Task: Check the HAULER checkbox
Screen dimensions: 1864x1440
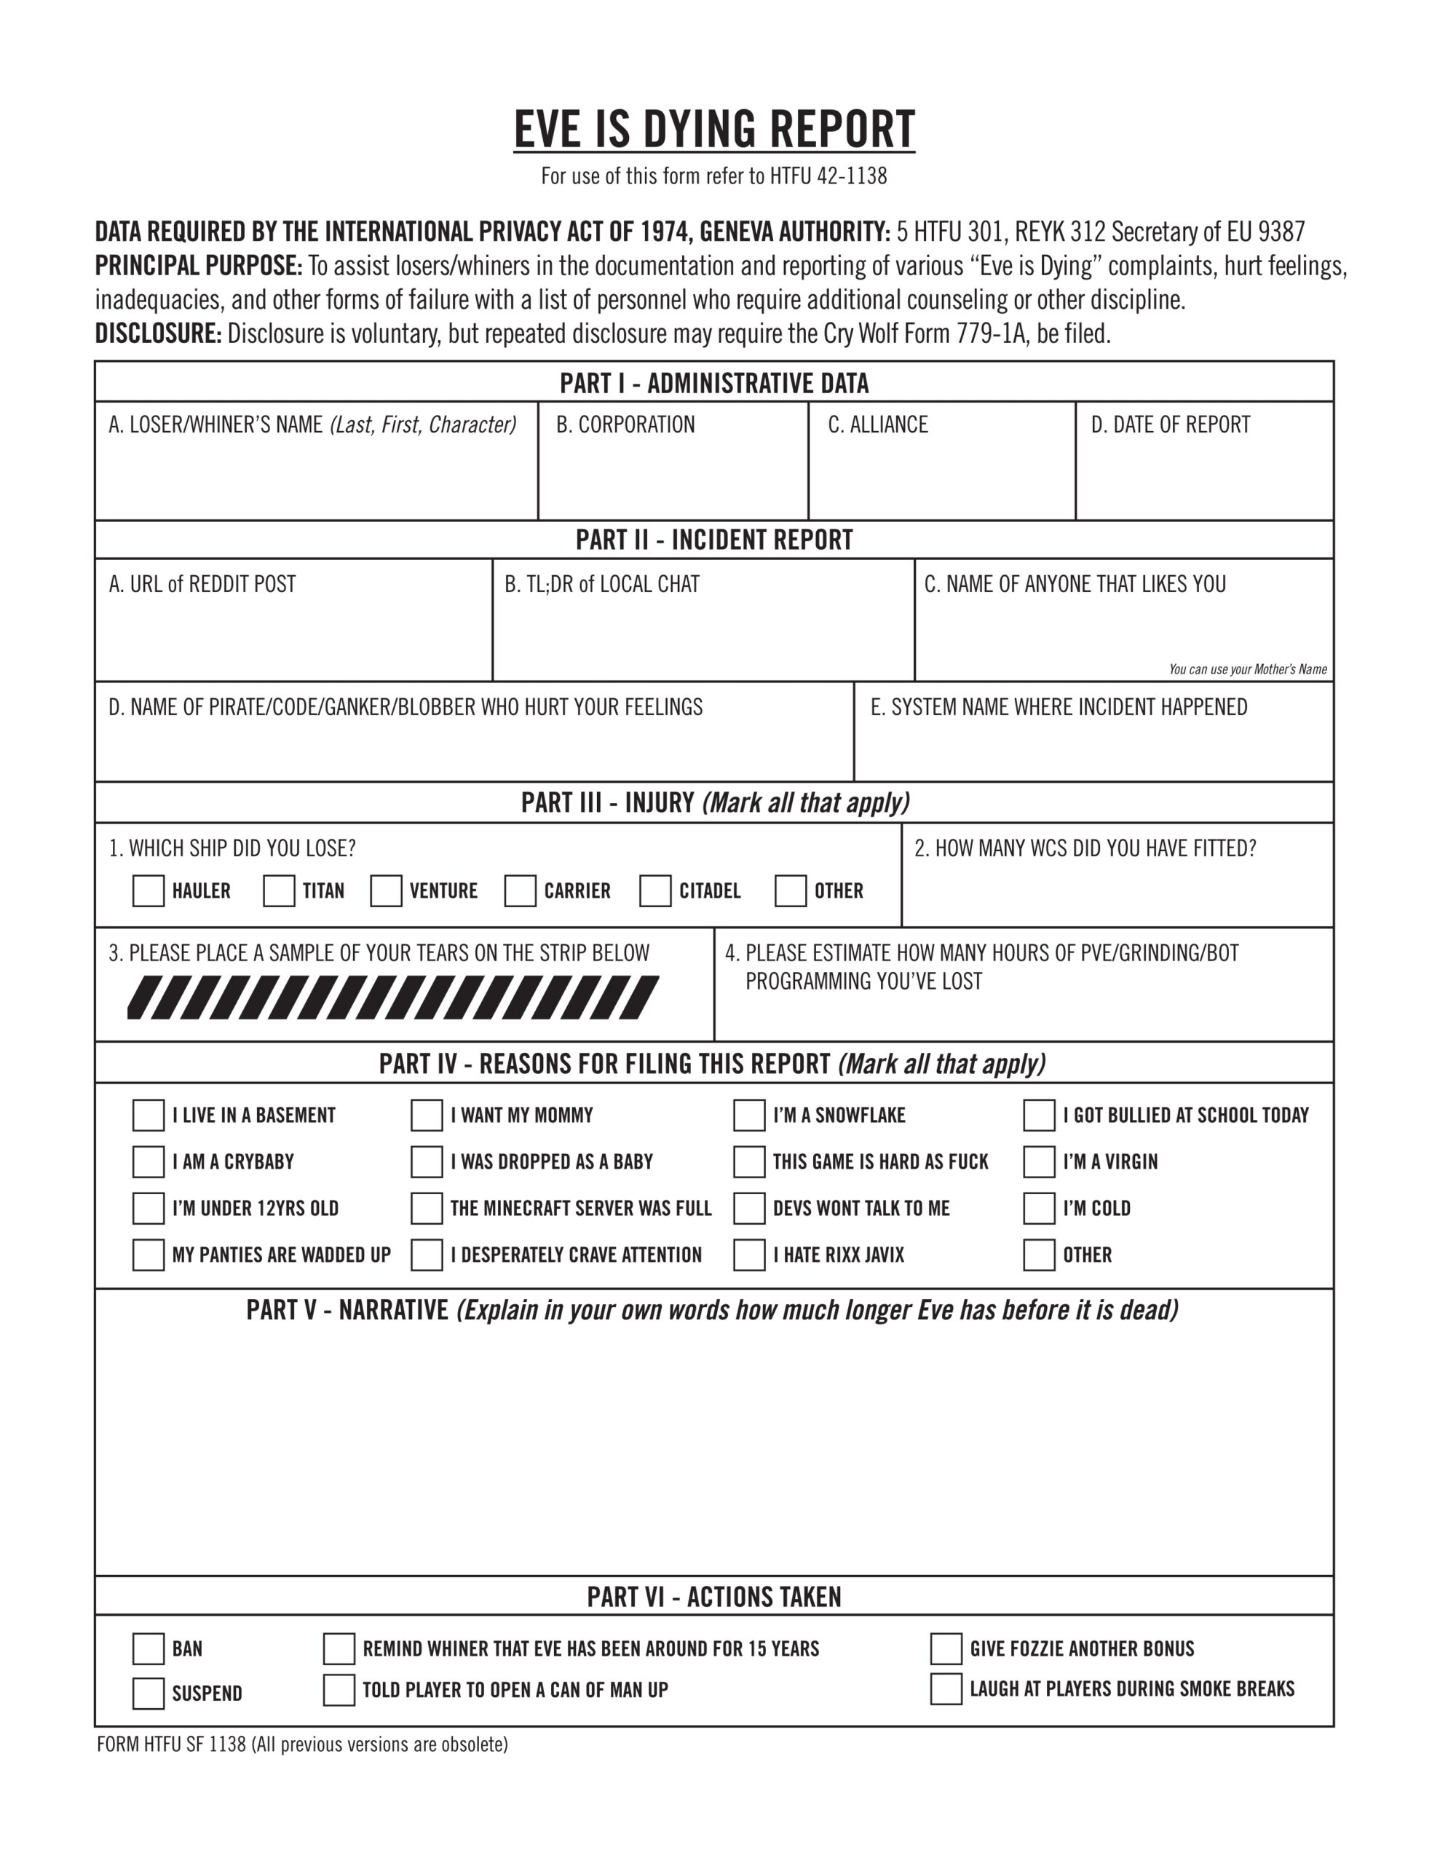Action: [149, 891]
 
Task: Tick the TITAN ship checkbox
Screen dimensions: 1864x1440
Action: [279, 891]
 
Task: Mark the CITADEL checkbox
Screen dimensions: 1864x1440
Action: [655, 891]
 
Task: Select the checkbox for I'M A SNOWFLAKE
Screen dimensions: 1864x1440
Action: [749, 1115]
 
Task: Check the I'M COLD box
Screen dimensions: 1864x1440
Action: [1039, 1209]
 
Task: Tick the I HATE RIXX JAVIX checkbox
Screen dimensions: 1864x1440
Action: [749, 1255]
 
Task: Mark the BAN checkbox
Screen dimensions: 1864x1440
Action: [149, 1649]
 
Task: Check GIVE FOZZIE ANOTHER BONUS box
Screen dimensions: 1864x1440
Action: [946, 1649]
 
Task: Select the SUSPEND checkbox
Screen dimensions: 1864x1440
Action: [149, 1694]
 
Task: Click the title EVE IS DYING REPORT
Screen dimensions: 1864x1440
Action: [713, 130]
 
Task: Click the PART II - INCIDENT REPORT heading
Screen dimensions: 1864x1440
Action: [713, 540]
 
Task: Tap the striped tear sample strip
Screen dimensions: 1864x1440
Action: [392, 998]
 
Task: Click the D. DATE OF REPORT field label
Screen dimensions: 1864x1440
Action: [1170, 425]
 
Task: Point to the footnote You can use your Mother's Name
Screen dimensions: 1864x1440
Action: [1247, 670]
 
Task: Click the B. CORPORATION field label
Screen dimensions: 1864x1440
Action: [625, 425]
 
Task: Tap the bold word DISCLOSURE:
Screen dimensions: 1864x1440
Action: [158, 333]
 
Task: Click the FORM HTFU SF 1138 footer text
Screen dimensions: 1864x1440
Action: [302, 1745]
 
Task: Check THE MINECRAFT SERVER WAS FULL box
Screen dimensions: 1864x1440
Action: [427, 1209]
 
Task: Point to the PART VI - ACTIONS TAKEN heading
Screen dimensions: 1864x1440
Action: [713, 1597]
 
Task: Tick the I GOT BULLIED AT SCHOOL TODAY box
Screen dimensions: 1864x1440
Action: [1039, 1115]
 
